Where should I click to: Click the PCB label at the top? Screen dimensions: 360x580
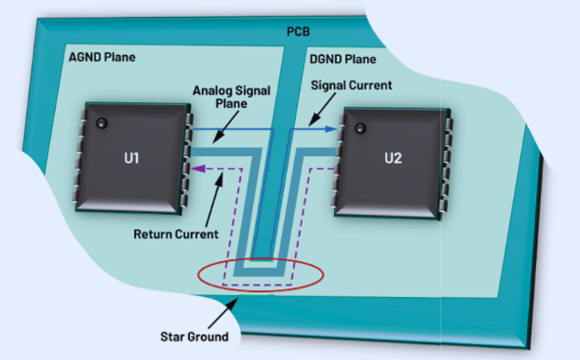[x=299, y=33]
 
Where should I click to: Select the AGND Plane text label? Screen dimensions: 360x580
[x=101, y=58]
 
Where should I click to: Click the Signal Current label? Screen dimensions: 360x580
[x=350, y=86]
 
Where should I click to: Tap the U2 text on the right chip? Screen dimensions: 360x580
[x=393, y=158]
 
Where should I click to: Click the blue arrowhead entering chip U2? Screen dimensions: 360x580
[x=330, y=128]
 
